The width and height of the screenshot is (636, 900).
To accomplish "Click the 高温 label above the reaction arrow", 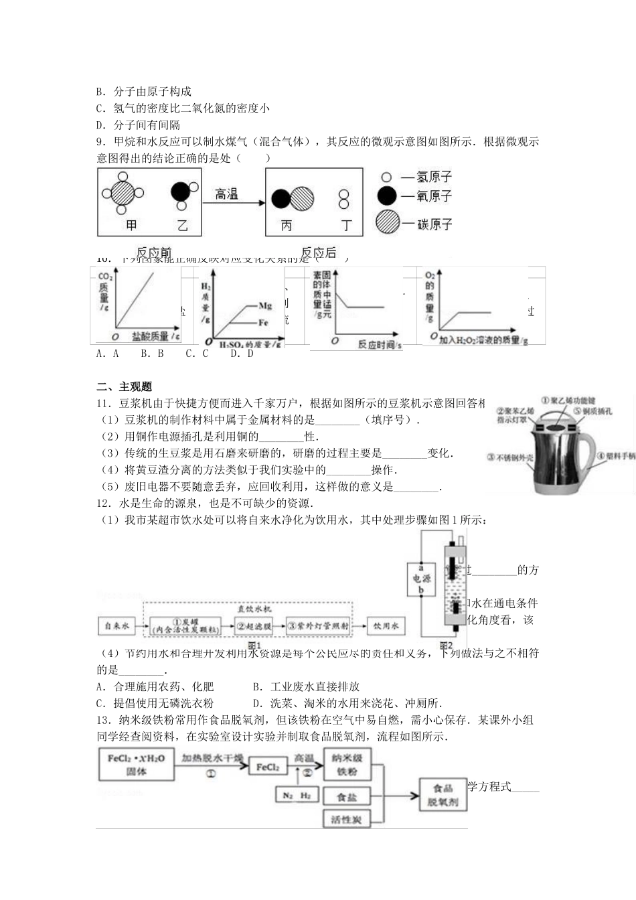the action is pyautogui.click(x=226, y=194).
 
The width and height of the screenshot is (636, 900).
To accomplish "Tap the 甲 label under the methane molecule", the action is pyautogui.click(x=131, y=226).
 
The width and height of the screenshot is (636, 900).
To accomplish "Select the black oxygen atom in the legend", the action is pyautogui.click(x=387, y=196).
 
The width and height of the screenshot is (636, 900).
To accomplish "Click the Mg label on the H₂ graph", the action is pyautogui.click(x=265, y=305).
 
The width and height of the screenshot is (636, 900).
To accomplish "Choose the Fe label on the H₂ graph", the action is pyautogui.click(x=264, y=322).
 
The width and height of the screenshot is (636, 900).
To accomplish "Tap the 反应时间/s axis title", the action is pyautogui.click(x=380, y=345).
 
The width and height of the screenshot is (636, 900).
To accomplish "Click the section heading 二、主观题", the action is pyautogui.click(x=125, y=386).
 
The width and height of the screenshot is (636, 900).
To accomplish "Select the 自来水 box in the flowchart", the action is pyautogui.click(x=116, y=626).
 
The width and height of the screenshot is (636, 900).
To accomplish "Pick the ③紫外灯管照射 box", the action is pyautogui.click(x=318, y=626).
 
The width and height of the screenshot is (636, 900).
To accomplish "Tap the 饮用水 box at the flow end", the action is pyautogui.click(x=386, y=626).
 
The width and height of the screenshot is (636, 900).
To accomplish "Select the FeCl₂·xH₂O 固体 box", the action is pyautogui.click(x=137, y=764).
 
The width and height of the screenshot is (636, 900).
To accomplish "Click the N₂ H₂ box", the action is pyautogui.click(x=297, y=796).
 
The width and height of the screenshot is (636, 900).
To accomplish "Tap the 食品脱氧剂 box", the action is pyautogui.click(x=443, y=795).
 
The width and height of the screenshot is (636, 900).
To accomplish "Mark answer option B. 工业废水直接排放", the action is pyautogui.click(x=306, y=686).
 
